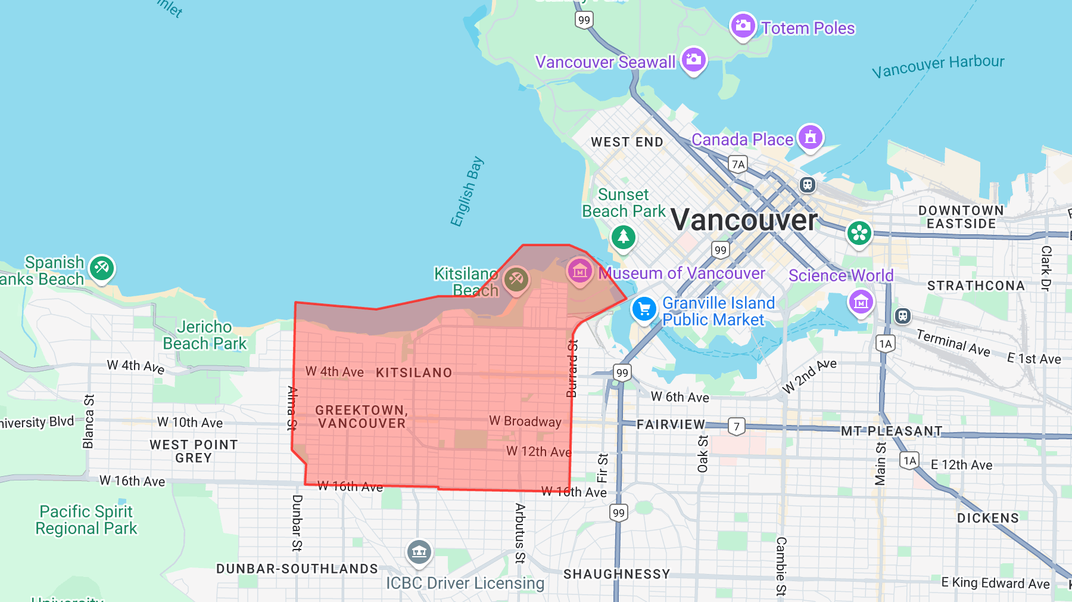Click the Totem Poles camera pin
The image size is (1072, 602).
(742, 26)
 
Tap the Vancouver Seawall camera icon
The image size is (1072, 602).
(693, 60)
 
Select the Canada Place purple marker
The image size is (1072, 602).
(810, 138)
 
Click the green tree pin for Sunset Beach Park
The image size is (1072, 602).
(623, 237)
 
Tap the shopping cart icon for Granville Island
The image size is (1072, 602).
(644, 309)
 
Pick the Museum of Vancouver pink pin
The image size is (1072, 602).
(579, 272)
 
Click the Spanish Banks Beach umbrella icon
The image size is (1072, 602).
(101, 268)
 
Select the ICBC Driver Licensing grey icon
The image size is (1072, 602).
(419, 552)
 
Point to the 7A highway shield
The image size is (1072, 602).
(738, 164)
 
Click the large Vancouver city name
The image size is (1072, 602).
(744, 220)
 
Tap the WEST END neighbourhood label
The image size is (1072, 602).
(627, 142)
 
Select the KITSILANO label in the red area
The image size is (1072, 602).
(414, 373)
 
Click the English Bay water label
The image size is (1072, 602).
(467, 191)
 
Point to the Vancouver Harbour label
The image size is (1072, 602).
(937, 66)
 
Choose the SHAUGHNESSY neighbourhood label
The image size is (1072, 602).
(616, 574)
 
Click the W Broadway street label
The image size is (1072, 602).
(525, 421)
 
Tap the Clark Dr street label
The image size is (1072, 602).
(1046, 268)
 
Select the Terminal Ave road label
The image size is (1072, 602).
(953, 343)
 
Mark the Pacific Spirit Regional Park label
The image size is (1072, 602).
(86, 520)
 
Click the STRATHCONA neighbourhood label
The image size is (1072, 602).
(976, 286)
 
